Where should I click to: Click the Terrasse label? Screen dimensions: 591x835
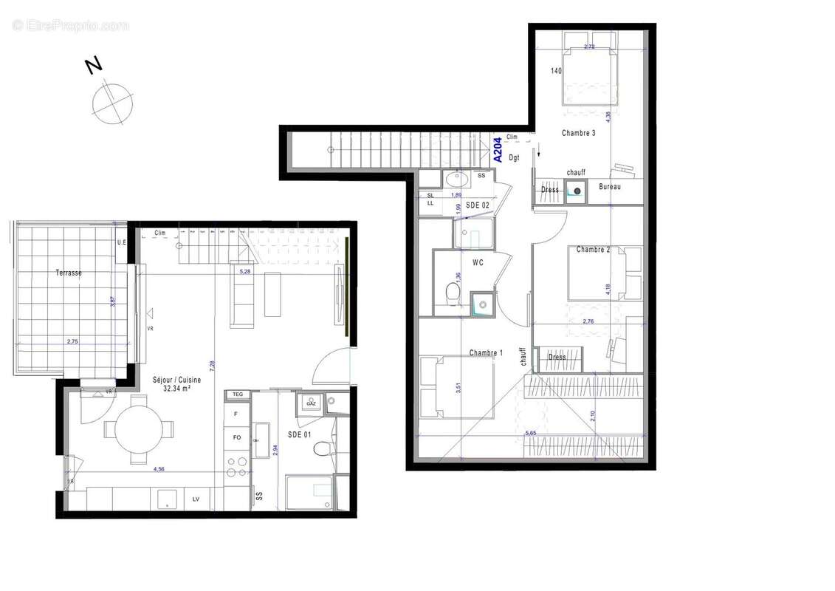click(x=69, y=273)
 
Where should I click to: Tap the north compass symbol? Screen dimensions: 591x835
click(x=112, y=103)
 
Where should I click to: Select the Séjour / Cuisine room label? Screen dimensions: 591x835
click(x=176, y=380)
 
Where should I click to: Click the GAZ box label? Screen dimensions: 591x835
click(x=311, y=404)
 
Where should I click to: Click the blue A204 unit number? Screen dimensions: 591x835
click(x=498, y=150)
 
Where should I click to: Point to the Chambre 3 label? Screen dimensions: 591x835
click(x=578, y=133)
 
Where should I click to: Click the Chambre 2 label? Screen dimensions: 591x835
click(x=593, y=250)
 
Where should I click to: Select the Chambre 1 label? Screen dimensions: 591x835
click(x=486, y=353)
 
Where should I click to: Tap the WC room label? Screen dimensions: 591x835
click(x=478, y=262)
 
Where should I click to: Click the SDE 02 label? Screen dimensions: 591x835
click(x=478, y=205)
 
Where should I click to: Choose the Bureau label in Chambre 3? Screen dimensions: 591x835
click(x=610, y=187)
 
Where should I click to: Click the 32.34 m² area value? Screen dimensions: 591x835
click(x=176, y=388)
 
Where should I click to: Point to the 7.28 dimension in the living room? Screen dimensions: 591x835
click(x=212, y=363)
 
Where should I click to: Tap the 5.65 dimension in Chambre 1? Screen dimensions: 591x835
click(x=530, y=433)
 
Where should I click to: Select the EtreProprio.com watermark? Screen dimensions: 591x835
click(x=70, y=26)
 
